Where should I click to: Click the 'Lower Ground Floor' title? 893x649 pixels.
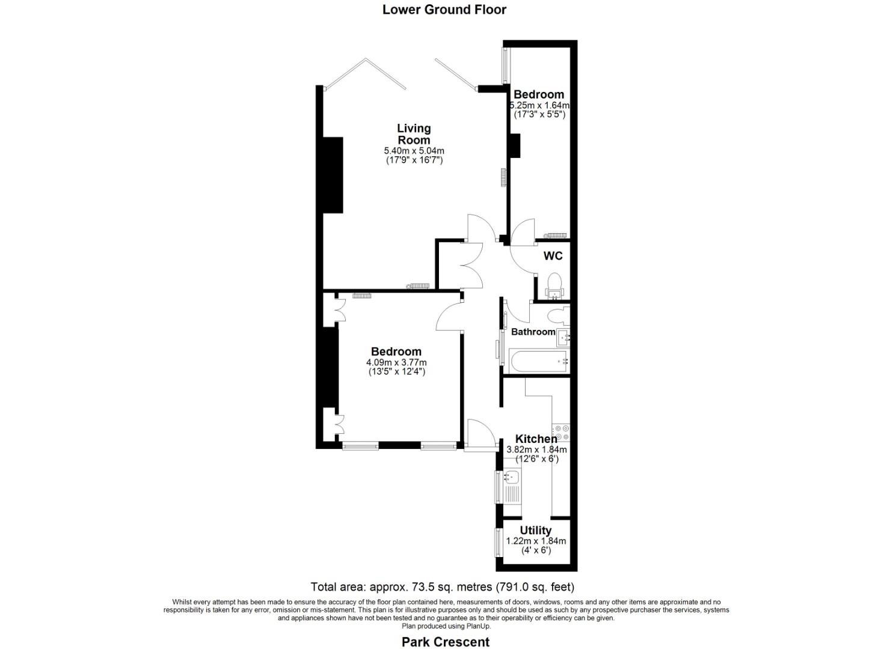click(444, 10)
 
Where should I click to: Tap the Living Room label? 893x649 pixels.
click(414, 134)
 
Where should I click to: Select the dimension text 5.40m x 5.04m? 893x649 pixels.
click(414, 151)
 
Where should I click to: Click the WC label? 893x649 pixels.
click(553, 256)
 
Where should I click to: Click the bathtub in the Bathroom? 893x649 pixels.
click(538, 362)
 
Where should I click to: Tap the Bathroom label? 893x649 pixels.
click(533, 332)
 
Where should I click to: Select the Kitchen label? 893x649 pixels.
click(536, 439)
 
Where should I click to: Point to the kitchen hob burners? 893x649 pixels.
click(561, 433)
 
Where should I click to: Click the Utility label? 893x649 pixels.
click(535, 531)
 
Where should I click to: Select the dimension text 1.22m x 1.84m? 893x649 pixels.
click(536, 541)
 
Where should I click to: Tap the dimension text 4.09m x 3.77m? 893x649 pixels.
click(396, 362)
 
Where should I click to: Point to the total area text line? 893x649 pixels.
click(443, 587)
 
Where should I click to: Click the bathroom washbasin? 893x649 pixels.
click(563, 338)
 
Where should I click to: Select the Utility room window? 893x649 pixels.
click(499, 542)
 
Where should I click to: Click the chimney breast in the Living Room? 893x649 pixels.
click(333, 175)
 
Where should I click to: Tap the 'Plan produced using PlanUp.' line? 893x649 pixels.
click(446, 626)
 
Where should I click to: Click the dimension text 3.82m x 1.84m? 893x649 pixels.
click(536, 450)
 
